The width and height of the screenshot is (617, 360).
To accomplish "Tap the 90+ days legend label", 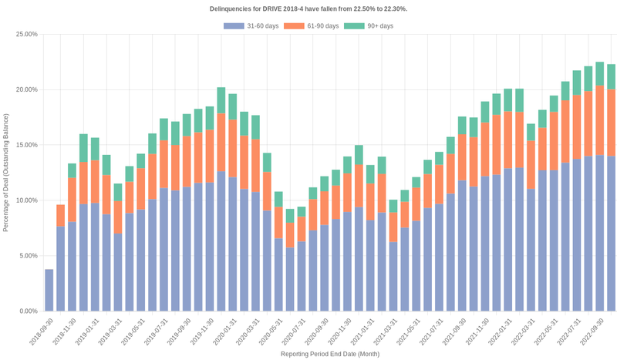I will (379, 26).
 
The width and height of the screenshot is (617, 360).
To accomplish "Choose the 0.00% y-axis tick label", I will (29, 311).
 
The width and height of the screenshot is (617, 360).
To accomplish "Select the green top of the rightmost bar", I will (611, 76).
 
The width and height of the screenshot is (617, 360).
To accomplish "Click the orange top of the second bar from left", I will (61, 215).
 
